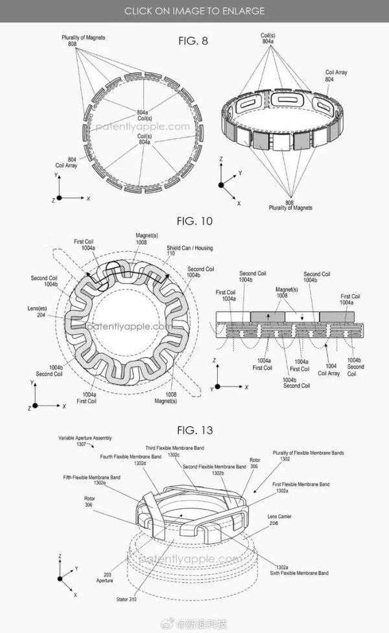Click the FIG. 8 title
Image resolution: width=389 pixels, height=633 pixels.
pyautogui.click(x=194, y=41)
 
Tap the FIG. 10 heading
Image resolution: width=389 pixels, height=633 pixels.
pyautogui.click(x=194, y=221)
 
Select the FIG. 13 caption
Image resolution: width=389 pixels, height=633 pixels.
pyautogui.click(x=194, y=430)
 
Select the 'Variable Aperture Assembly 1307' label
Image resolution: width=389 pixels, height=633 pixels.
pyautogui.click(x=80, y=441)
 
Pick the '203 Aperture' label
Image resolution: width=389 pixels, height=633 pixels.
pyautogui.click(x=103, y=577)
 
